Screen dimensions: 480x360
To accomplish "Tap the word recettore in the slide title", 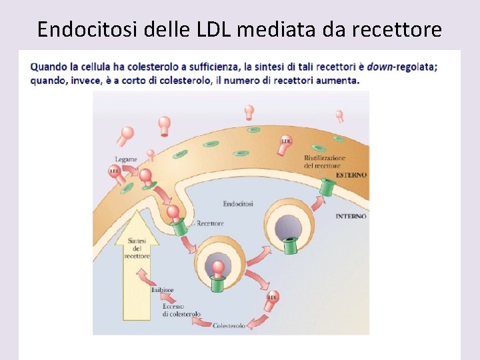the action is [x=400, y=29].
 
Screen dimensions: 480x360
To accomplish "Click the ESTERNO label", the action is [x=351, y=175].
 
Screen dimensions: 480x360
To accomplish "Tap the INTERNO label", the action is [x=351, y=216].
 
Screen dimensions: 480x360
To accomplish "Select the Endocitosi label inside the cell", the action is [x=238, y=203].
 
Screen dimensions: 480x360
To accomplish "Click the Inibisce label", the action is [x=162, y=289].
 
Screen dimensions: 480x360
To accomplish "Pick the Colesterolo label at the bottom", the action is [x=229, y=325].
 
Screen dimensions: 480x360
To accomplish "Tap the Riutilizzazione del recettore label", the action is [x=325, y=161].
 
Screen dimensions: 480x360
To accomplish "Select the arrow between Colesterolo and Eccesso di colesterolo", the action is [x=200, y=322].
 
